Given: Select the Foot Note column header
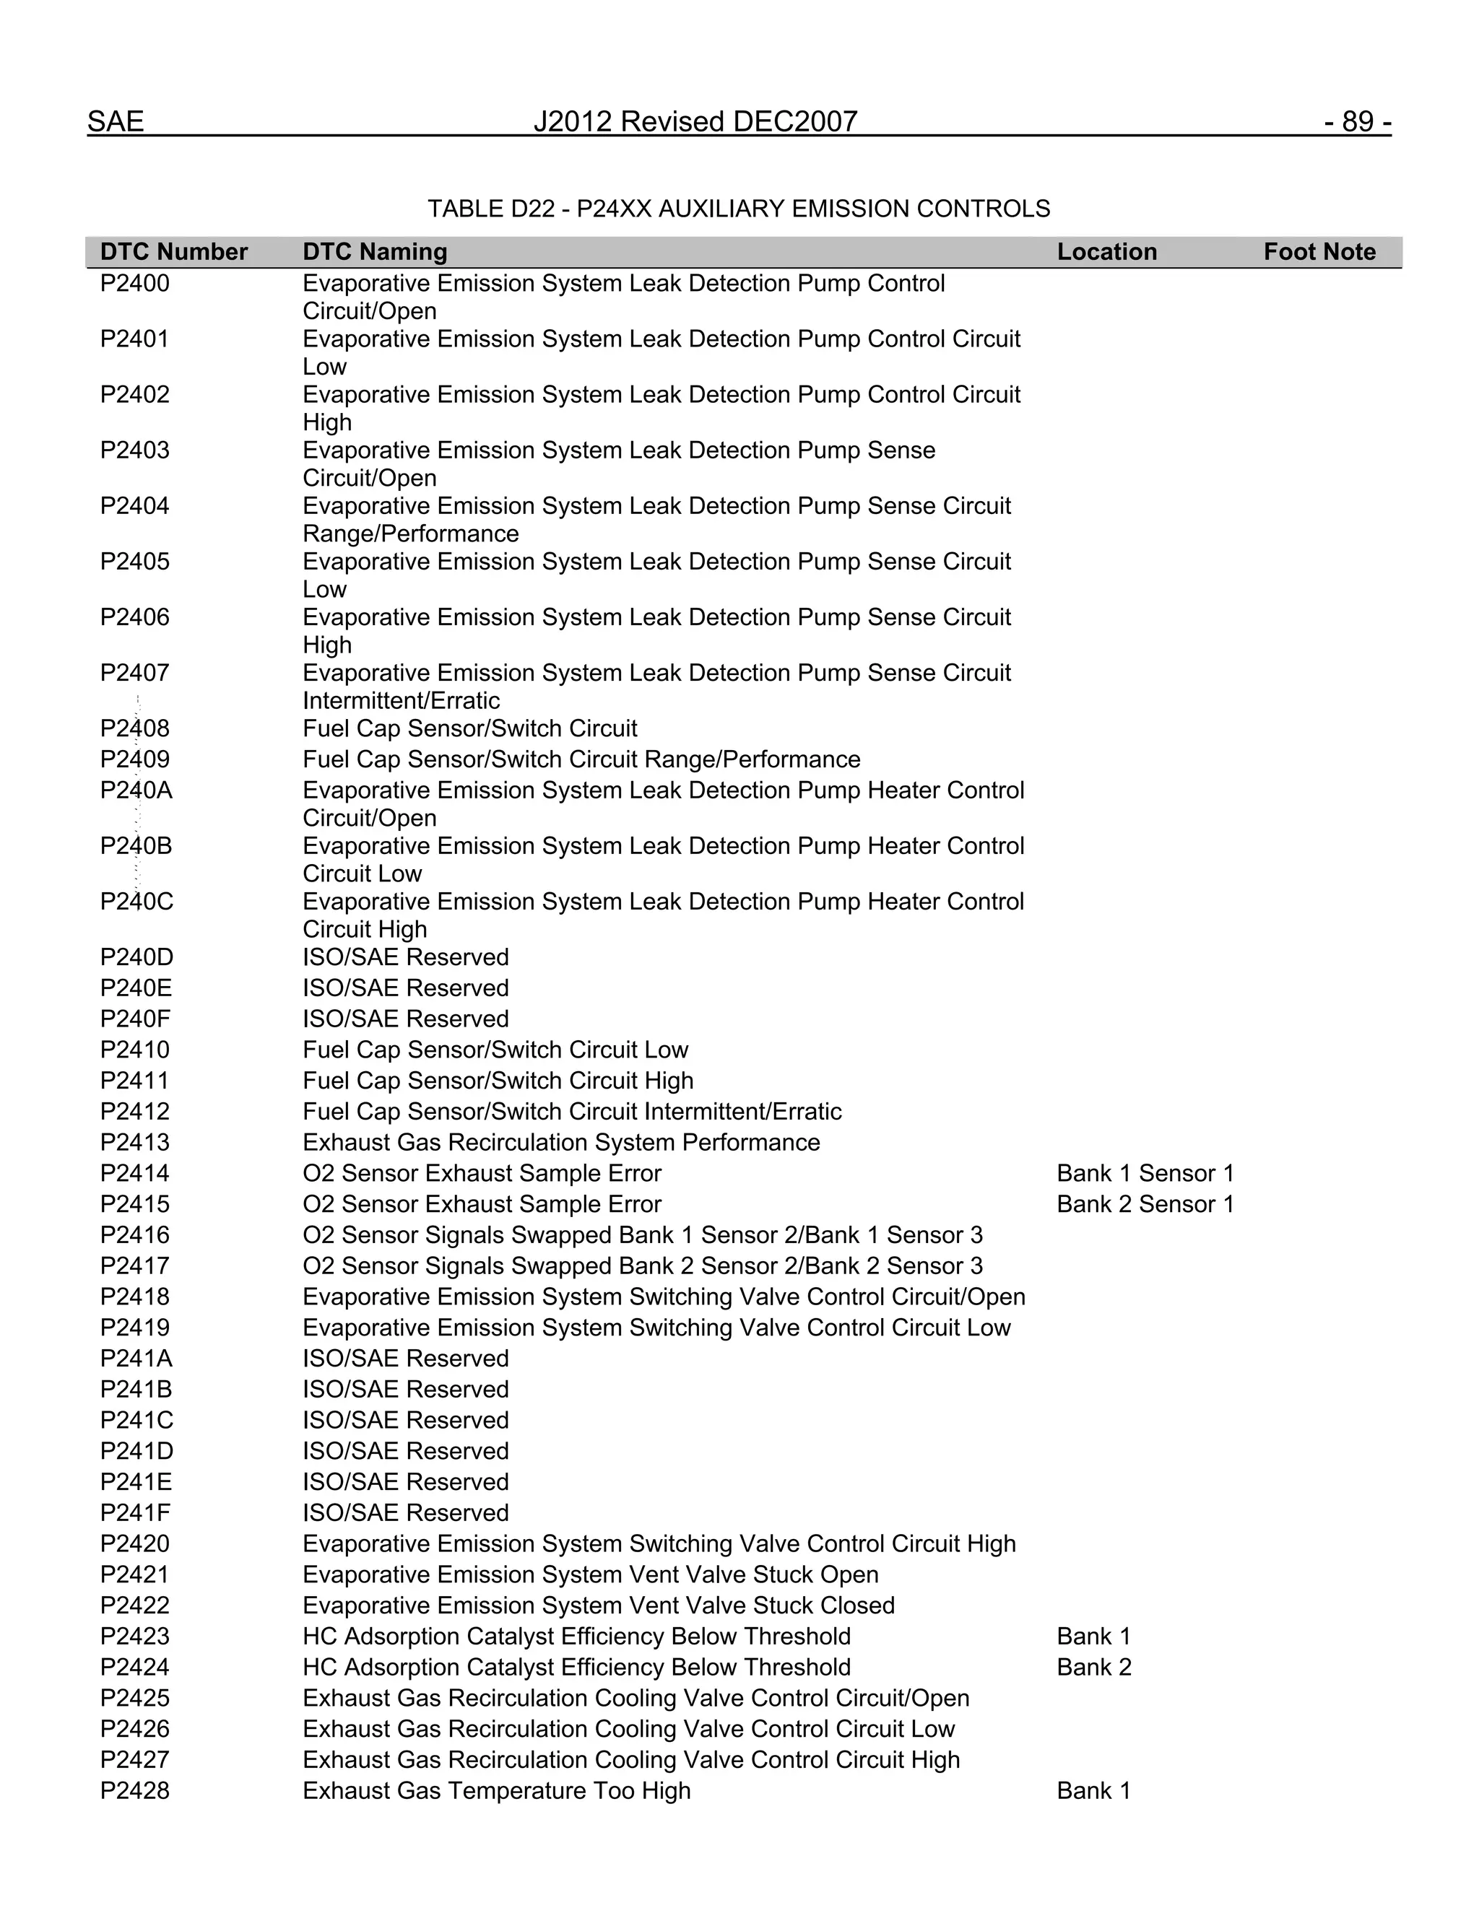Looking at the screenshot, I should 1319,252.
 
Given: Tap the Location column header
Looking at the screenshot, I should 1106,252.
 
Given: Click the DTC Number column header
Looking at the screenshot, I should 173,252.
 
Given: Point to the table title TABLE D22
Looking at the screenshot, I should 739,209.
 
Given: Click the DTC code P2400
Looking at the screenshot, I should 134,284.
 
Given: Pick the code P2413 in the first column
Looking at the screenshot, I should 134,1142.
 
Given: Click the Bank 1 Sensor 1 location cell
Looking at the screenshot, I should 1145,1173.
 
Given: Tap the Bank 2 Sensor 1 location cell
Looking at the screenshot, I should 1145,1203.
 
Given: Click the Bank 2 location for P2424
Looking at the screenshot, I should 1093,1667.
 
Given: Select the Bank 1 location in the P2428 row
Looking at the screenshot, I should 1093,1790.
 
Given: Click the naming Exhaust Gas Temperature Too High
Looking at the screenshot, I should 496,1790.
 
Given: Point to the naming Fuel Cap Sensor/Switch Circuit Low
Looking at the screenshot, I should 495,1050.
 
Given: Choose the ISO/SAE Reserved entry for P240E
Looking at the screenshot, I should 405,988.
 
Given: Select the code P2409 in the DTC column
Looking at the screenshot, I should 134,759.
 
